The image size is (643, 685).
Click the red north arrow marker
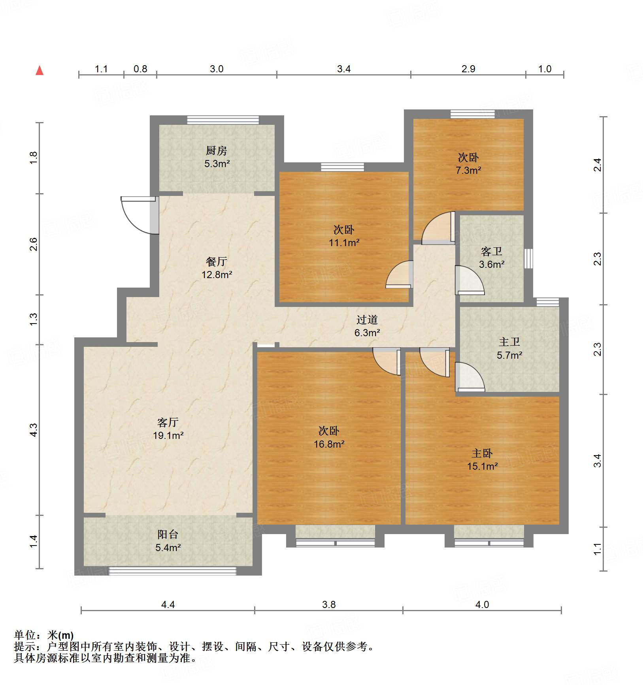point(40,71)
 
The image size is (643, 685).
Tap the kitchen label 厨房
point(217,151)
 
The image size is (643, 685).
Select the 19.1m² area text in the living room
point(168,436)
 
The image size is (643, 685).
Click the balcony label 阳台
point(168,534)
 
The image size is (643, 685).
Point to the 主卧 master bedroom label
point(482,453)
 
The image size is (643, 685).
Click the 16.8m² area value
point(329,444)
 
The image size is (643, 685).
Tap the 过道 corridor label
point(367,320)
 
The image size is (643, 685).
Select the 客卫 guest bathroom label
point(492,251)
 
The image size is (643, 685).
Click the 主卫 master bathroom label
point(509,342)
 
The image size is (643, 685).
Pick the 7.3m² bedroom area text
point(468,171)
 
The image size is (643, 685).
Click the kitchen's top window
point(223,120)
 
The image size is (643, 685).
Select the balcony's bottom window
point(172,571)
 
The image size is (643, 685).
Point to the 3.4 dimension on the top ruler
point(344,69)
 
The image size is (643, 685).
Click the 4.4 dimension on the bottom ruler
point(168,605)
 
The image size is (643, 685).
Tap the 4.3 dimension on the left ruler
point(34,430)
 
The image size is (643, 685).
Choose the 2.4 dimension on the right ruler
point(598,165)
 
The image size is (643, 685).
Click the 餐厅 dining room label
point(217,262)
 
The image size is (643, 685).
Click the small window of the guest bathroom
point(528,259)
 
